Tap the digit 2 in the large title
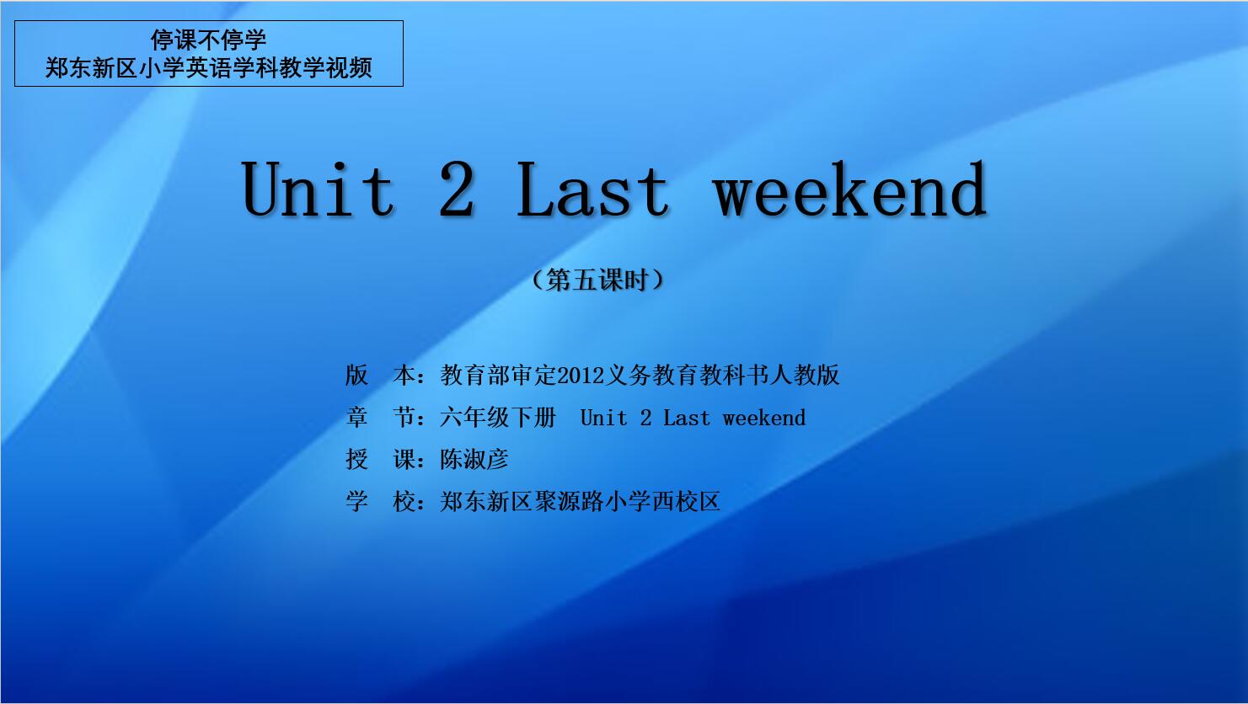456,189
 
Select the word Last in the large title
592,189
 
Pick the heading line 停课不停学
208,40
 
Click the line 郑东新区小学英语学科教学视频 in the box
208,68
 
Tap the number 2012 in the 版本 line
581,376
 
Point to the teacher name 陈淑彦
474,460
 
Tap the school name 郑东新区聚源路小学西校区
580,501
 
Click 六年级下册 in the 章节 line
498,417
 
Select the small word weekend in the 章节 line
763,418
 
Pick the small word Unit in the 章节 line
603,418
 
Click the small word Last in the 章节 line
687,418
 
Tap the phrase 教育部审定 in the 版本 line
498,375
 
